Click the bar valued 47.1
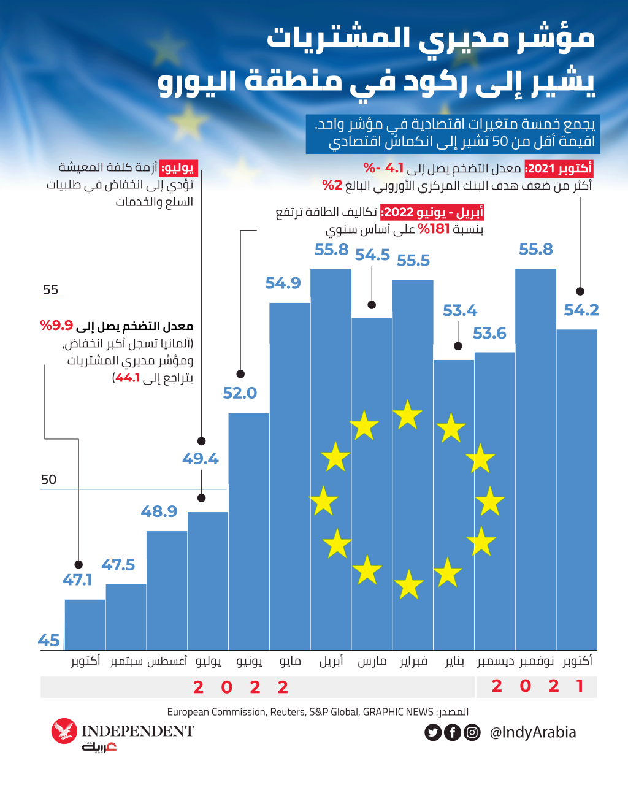[85, 624]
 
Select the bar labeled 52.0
[248, 531]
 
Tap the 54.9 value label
[283, 283]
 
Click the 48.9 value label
[159, 511]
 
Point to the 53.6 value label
[489, 334]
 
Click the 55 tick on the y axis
[50, 290]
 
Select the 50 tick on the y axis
[49, 480]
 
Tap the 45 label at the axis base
[48, 641]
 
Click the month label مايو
[290, 661]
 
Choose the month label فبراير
[413, 661]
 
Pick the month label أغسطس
[167, 661]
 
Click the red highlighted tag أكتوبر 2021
[559, 169]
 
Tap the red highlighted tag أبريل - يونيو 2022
[432, 213]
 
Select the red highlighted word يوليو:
[178, 167]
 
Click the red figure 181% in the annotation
[434, 229]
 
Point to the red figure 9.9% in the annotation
[56, 326]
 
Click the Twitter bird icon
[433, 732]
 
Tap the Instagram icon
[472, 732]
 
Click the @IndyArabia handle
[532, 732]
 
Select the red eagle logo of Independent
[64, 731]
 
